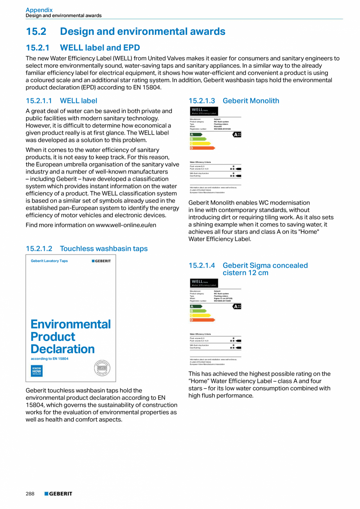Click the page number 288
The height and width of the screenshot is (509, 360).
point(30,494)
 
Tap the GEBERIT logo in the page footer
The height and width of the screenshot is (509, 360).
point(58,494)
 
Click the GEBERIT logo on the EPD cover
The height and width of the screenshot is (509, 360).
point(101,261)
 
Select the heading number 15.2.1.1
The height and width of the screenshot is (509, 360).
point(39,101)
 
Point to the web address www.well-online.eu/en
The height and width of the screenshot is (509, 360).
point(126,225)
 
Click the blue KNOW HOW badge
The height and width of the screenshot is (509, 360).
point(36,371)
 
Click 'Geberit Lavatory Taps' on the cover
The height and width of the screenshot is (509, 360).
point(49,261)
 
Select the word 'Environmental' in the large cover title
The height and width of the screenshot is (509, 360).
point(71,324)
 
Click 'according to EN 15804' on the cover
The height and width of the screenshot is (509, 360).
point(50,359)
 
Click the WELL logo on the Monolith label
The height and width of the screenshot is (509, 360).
point(204,111)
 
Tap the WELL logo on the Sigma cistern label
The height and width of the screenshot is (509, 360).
point(204,283)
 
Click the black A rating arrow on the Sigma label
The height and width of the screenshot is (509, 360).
point(237,306)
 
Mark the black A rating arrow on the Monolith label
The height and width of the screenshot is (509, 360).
point(237,134)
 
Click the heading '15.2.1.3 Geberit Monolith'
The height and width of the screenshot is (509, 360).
point(234,101)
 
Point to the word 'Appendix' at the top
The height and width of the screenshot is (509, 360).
point(39,10)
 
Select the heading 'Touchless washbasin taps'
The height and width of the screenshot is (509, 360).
point(104,249)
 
